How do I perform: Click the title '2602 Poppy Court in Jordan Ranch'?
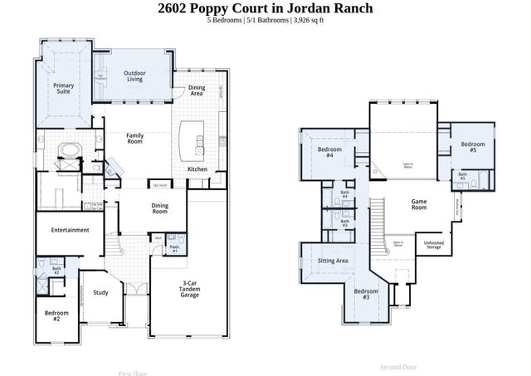click(265, 8)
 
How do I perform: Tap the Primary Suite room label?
click(64, 88)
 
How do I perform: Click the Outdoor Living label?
click(135, 77)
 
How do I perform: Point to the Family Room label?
click(135, 138)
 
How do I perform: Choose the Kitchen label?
click(197, 169)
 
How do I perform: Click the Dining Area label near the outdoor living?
click(197, 90)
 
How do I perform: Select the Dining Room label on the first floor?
click(160, 208)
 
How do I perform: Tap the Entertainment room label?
click(70, 230)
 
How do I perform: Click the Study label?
click(100, 292)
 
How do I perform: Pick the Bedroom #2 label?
click(56, 315)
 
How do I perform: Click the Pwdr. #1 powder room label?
click(175, 248)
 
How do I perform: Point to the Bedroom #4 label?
click(325, 152)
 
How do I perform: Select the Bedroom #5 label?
click(472, 148)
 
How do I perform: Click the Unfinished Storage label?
click(433, 246)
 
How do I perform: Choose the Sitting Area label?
click(333, 261)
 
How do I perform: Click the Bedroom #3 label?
click(366, 294)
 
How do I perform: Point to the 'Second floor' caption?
click(398, 366)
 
